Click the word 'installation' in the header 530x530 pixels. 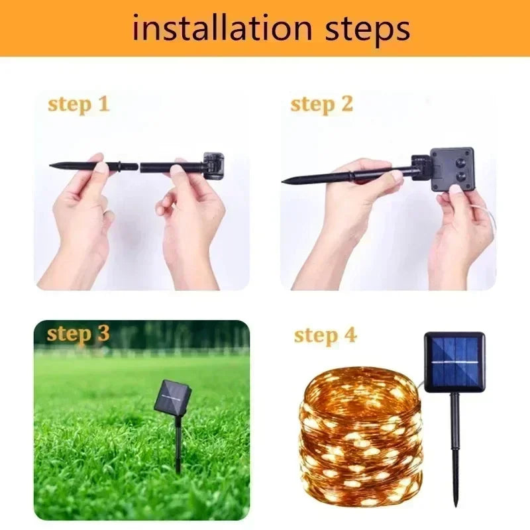223,28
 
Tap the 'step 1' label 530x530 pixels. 78,104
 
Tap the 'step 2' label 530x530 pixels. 321,104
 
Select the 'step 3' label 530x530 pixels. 78,334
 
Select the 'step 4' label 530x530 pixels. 325,335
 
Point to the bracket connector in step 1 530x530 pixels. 214,166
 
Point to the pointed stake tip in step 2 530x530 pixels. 286,180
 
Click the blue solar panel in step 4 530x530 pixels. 454,362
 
